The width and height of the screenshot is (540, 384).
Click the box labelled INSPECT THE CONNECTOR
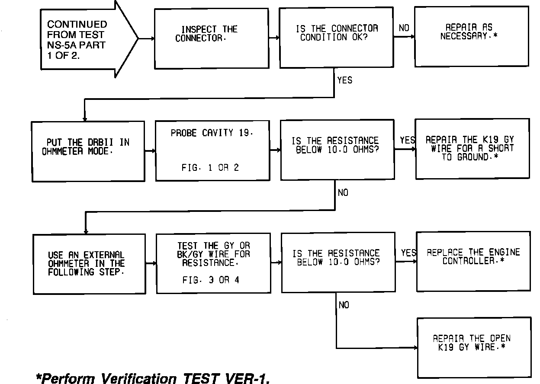pos(211,38)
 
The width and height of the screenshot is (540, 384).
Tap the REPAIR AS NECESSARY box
pos(471,36)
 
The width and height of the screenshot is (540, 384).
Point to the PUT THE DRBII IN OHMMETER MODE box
pos(88,151)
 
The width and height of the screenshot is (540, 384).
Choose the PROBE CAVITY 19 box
pos(211,150)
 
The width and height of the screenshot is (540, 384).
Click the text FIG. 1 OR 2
pos(210,168)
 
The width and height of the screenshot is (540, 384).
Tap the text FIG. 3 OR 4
pos(211,280)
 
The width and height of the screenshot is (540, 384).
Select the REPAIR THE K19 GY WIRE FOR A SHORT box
pos(472,149)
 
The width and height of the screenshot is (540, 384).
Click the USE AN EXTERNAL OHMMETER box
pos(89,264)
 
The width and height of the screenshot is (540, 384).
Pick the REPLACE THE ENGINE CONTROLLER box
pos(473,261)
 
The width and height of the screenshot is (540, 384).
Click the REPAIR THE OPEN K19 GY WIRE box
pos(473,348)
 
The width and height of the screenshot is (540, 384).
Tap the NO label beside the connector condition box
pos(404,28)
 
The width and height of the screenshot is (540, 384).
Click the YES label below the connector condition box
pos(344,80)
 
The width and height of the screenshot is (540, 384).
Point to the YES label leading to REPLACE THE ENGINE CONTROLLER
pos(408,253)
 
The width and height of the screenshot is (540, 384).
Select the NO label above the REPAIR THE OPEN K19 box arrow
pos(344,305)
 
